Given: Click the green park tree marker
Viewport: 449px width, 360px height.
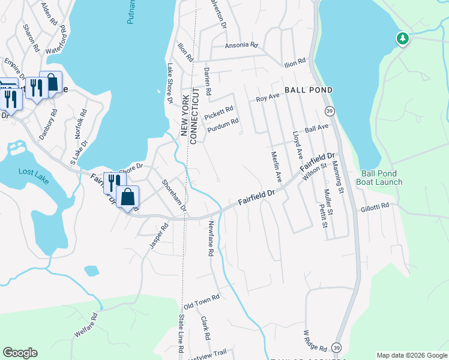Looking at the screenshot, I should (403, 39).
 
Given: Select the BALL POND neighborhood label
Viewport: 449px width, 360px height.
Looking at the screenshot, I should (308, 90).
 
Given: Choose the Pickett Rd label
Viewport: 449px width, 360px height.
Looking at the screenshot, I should (218, 112).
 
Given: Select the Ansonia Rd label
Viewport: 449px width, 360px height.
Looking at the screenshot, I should (241, 45).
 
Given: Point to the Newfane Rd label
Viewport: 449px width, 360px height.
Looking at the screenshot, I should (211, 239).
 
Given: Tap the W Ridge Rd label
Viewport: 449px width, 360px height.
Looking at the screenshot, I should (315, 340).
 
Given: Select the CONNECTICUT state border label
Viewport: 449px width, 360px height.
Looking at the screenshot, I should (193, 114).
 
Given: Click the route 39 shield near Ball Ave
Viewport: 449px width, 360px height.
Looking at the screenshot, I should (329, 112).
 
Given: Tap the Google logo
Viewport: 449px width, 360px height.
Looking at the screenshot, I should (20, 353).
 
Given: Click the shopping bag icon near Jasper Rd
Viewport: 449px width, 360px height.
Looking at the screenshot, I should (128, 197).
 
